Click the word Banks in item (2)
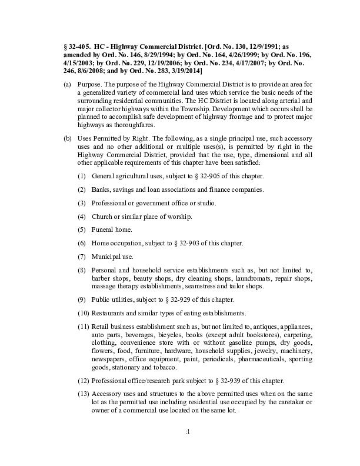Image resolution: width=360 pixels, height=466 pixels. pos(101,189)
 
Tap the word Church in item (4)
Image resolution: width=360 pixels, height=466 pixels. pos(102,217)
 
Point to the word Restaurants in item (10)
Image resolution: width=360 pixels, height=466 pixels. pos(112,312)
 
